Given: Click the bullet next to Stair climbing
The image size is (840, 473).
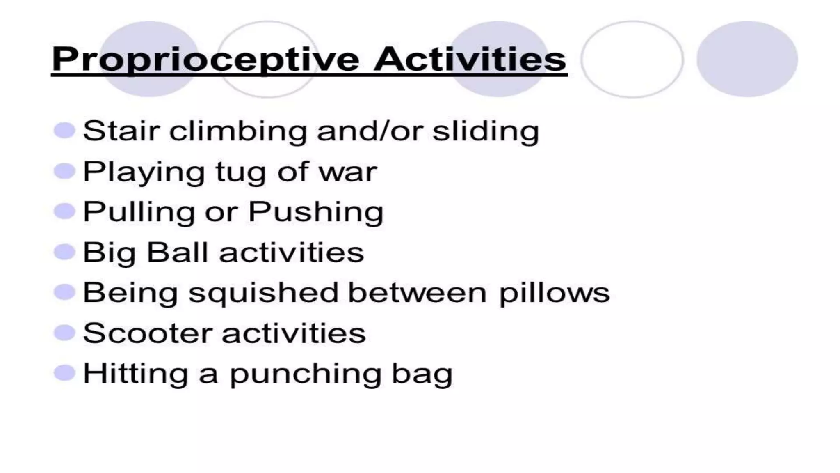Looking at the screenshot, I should point(64,131).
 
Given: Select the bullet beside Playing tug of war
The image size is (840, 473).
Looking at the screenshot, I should point(64,171).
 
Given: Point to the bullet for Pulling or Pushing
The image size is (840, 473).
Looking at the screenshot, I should point(64,211).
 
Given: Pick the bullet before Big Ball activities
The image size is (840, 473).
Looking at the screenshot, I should point(64,252).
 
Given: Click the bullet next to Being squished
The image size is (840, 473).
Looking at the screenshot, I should point(64,292).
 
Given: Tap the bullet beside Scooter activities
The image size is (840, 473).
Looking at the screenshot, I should point(64,333).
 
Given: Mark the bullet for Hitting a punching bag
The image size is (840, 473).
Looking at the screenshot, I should point(64,373).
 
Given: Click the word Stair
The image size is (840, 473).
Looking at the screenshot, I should point(121,131).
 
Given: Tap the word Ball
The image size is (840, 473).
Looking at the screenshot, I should point(177,252).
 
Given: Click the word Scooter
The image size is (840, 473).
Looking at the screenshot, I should point(147,333).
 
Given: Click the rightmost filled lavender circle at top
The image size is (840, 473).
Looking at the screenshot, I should point(747,59).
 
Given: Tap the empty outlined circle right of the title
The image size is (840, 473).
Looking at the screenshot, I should point(632,59).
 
